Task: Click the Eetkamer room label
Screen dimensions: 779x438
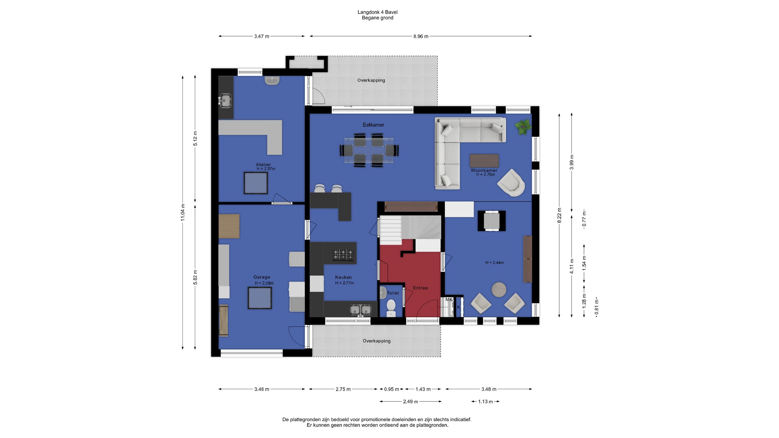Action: (373, 125)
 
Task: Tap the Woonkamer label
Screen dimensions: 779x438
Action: (484, 170)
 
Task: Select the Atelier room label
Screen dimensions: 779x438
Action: (263, 165)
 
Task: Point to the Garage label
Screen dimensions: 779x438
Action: (261, 277)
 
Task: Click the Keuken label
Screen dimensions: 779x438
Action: (343, 277)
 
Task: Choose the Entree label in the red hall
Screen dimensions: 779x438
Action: (420, 288)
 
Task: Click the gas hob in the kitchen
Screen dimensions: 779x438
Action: (343, 255)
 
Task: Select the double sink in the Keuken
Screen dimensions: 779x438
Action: (360, 310)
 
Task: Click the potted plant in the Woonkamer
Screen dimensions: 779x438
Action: (523, 127)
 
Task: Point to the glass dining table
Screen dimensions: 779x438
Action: (369, 150)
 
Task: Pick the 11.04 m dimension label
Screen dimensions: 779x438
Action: (183, 213)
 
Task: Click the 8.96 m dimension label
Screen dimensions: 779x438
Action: (421, 37)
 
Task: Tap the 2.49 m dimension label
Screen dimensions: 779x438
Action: (410, 402)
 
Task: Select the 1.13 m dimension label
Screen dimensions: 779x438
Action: (485, 402)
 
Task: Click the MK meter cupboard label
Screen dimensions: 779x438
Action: (449, 299)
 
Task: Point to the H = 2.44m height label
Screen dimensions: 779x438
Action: (495, 263)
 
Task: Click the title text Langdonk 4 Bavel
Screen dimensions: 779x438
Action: (377, 12)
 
